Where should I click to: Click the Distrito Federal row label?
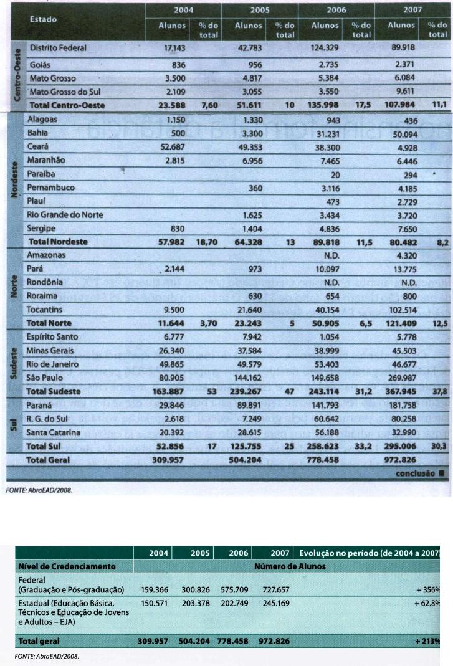58,47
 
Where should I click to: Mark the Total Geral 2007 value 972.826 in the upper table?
401,460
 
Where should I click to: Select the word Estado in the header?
43,19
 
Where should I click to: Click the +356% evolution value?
429,589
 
